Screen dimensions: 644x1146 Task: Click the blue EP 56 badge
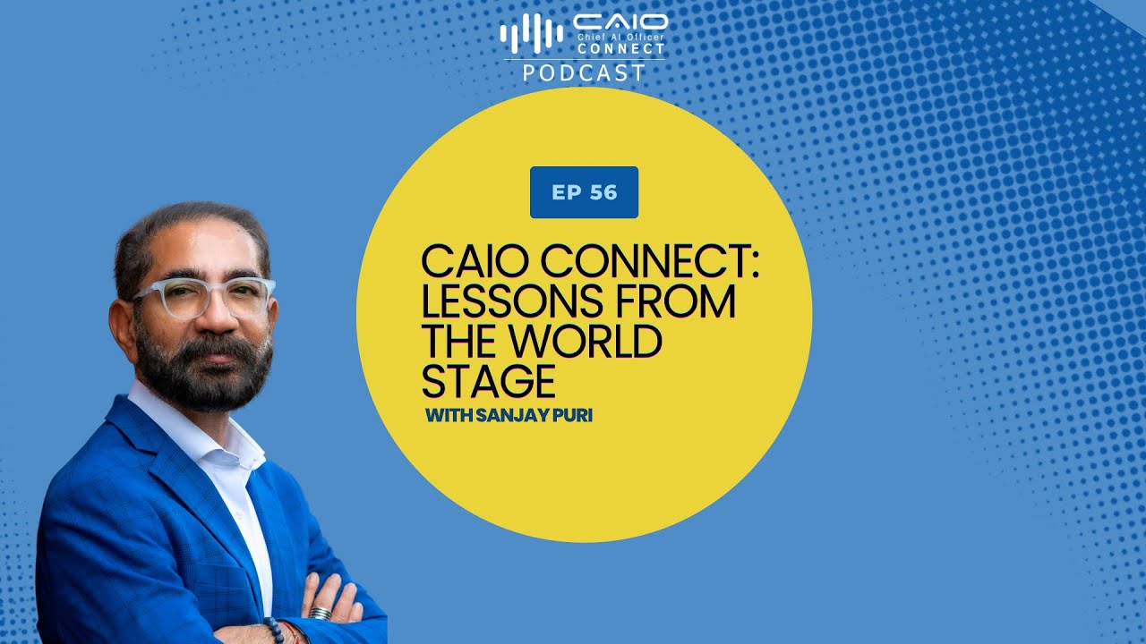point(584,192)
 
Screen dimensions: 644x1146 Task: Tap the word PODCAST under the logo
point(584,73)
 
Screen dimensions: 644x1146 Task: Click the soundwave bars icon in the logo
point(531,34)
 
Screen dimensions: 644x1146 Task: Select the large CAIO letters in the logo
point(620,21)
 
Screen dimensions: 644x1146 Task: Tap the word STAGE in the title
point(488,382)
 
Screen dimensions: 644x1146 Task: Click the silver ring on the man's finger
point(320,614)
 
